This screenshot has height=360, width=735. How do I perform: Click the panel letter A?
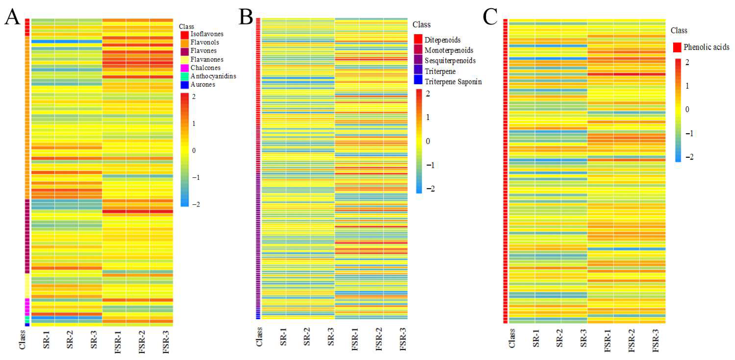12,17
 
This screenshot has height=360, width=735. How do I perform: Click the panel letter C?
490,17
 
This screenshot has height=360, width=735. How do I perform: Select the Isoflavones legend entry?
207,34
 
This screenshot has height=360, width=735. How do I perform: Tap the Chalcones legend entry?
205,68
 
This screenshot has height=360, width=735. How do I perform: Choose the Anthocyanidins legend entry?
213,76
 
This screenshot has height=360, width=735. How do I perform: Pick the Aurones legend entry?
203,84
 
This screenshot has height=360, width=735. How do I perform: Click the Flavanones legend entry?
207,59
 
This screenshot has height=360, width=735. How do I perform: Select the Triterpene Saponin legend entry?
453,82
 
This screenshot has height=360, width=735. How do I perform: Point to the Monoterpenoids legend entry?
448,50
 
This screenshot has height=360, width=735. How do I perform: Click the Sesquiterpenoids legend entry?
450,61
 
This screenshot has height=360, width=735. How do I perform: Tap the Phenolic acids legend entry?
706,47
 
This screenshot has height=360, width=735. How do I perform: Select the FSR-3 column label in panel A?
166,342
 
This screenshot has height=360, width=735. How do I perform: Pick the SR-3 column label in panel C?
583,338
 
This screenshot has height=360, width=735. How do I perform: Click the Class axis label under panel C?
512,338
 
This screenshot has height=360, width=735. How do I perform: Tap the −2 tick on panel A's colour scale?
196,204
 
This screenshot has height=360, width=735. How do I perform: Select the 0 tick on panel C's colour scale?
687,109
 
